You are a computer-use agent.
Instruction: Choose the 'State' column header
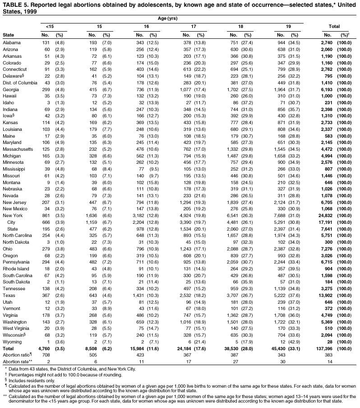click(x=8, y=35)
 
